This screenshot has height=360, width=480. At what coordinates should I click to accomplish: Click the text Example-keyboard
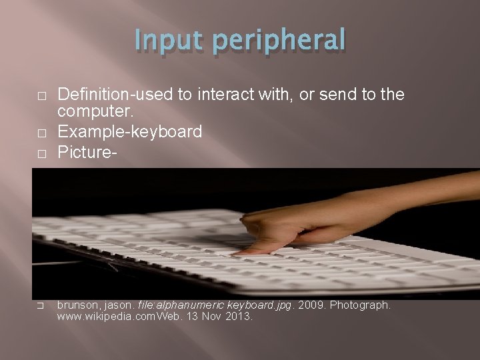click(129, 133)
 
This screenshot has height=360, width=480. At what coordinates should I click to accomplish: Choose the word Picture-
click(87, 152)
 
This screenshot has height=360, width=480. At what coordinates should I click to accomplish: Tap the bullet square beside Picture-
click(41, 153)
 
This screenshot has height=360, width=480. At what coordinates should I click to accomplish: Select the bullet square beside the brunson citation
click(41, 306)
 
